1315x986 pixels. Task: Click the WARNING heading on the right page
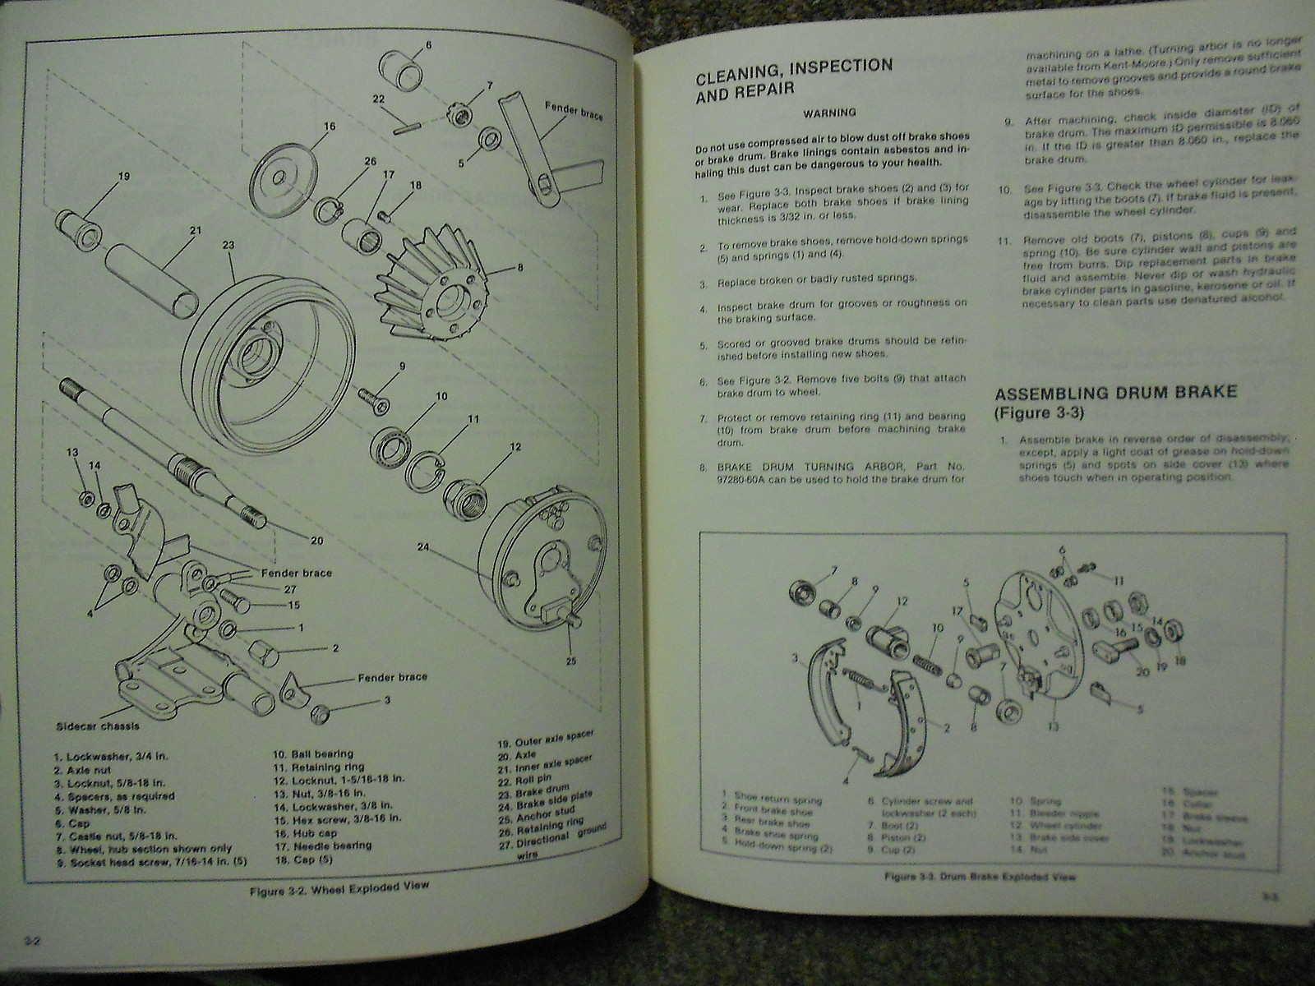(829, 112)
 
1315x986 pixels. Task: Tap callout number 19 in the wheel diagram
(124, 175)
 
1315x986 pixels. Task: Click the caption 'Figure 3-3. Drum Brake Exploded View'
(980, 877)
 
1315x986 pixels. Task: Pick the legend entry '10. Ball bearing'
(313, 753)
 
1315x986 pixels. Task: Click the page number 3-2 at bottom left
(34, 941)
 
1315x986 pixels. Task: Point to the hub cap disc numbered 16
(275, 177)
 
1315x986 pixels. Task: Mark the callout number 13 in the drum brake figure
(1054, 726)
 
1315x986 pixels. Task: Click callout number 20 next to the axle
(317, 540)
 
